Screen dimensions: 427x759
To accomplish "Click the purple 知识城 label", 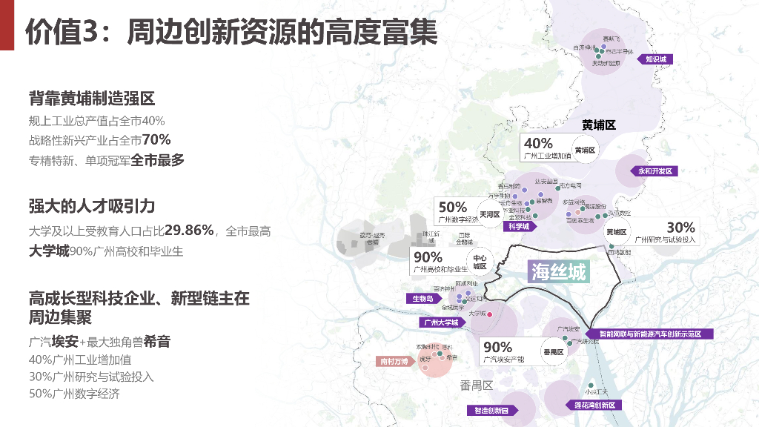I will click(656, 59).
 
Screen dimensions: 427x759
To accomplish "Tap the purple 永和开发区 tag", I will click(654, 171).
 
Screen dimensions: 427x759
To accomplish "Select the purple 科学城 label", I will click(518, 227).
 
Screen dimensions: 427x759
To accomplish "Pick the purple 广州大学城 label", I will click(440, 322).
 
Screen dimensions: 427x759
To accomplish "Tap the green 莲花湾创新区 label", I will click(594, 406).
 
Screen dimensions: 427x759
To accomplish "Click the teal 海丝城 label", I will click(559, 272).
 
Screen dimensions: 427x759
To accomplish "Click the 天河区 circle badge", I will click(490, 215).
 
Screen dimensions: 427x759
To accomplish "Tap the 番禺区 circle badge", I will click(553, 352).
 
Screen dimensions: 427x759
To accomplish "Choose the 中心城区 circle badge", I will click(480, 261).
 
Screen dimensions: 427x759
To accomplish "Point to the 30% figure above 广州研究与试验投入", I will click(680, 228).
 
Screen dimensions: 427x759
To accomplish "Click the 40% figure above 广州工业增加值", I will click(539, 143).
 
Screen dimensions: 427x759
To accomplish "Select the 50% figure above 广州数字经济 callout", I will click(453, 208).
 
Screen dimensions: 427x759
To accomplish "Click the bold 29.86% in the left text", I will click(189, 230).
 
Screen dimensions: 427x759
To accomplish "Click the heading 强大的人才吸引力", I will click(91, 205).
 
